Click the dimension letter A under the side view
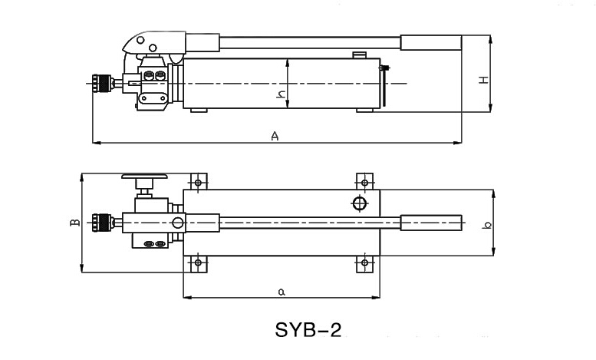click(x=274, y=136)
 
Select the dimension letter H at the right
click(x=483, y=80)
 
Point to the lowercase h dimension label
click(x=281, y=95)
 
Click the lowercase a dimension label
click(x=282, y=291)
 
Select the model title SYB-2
click(x=308, y=330)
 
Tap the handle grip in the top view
click(x=431, y=223)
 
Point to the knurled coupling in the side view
click(x=99, y=81)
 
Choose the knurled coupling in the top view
click(x=99, y=223)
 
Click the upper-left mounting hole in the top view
click(x=199, y=183)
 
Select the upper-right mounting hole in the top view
click(x=363, y=183)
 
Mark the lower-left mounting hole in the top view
click(x=199, y=263)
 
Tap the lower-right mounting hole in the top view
click(x=363, y=263)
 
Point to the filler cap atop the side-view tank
click(x=358, y=54)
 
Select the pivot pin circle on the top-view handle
click(x=178, y=223)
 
